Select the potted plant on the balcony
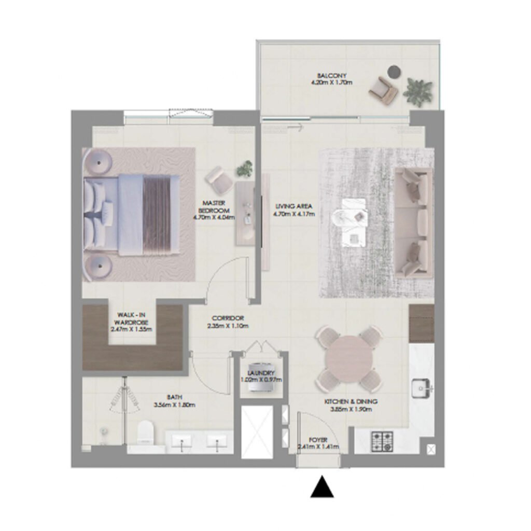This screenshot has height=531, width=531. click(418, 92)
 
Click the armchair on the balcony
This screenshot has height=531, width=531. click(383, 91)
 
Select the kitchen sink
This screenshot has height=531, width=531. click(422, 387)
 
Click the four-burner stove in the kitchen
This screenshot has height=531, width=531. click(383, 441)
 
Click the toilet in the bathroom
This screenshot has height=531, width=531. click(146, 432)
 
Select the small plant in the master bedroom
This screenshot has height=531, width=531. click(245, 168)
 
